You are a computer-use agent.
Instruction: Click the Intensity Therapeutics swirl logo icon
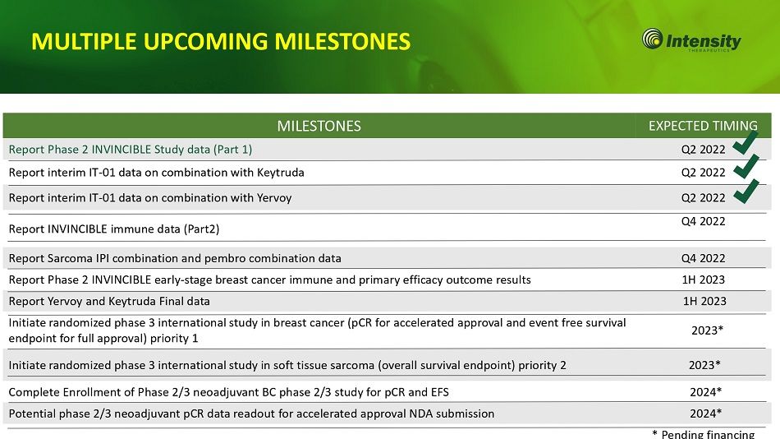click(x=652, y=39)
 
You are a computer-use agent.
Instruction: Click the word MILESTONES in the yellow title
click(x=342, y=41)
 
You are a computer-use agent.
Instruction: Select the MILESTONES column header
click(x=319, y=126)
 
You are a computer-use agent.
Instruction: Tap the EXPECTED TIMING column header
click(x=703, y=126)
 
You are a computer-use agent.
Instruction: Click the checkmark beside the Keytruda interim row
click(x=746, y=166)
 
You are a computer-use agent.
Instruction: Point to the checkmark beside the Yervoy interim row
click(x=746, y=192)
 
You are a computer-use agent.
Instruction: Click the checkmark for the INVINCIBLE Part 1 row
click(x=746, y=142)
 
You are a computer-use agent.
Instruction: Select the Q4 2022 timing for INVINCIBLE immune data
click(x=704, y=221)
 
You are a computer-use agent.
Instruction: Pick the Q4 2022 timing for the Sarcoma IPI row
click(x=704, y=258)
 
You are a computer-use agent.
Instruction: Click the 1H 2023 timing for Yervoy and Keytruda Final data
click(x=704, y=301)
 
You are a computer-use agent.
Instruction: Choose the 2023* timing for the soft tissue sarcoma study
click(x=704, y=365)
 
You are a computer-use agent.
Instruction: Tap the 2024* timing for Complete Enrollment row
click(x=705, y=391)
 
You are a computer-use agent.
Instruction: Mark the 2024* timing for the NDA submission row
click(x=705, y=413)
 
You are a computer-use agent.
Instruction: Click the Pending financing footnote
click(x=704, y=434)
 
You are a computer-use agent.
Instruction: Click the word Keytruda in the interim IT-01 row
click(x=281, y=173)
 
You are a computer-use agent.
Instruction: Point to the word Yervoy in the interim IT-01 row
click(x=274, y=198)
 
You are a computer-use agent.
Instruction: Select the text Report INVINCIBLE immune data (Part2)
click(x=114, y=229)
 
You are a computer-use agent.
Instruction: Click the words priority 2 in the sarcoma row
click(x=542, y=365)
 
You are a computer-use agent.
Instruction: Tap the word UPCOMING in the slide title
click(x=205, y=41)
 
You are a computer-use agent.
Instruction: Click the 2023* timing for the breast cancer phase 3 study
click(x=707, y=330)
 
